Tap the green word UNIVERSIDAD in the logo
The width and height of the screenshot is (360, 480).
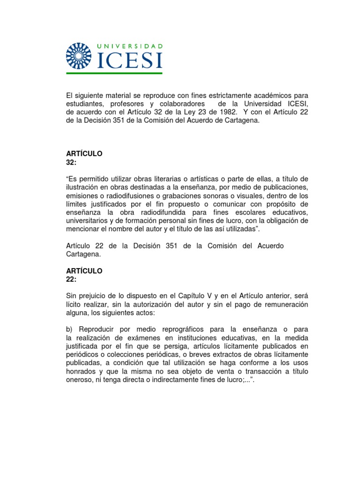pos(130,46)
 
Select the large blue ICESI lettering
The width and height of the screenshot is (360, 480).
pos(129,60)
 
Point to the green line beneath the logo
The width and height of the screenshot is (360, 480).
pos(114,73)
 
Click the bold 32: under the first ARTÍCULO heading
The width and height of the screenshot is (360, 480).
pos(71,162)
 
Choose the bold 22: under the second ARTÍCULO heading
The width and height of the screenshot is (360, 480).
pos(71,279)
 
